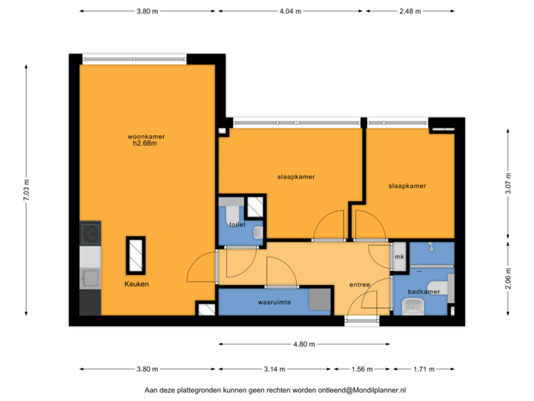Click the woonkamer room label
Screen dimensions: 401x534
coord(145,136)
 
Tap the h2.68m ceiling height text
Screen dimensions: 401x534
coord(145,143)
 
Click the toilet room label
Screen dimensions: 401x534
coord(237,223)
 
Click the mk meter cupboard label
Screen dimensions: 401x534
coord(399,257)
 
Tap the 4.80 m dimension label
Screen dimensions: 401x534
coord(304,344)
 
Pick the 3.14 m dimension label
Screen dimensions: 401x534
coord(274,369)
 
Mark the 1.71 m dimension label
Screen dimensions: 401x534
coord(423,369)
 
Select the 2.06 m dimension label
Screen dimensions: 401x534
coord(508,278)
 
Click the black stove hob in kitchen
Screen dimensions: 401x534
coord(90,235)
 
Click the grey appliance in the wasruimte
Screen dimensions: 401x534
coord(320,299)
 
